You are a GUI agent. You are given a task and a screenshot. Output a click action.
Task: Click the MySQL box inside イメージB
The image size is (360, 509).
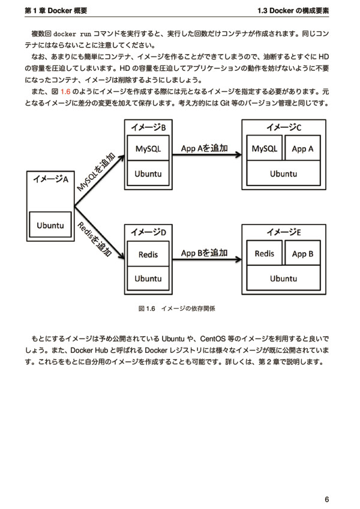pyautogui.click(x=148, y=148)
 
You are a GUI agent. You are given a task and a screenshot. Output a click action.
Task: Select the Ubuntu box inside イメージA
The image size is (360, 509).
pyautogui.click(x=50, y=224)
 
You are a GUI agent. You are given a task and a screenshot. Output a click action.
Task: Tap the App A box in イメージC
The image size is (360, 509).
pyautogui.click(x=302, y=148)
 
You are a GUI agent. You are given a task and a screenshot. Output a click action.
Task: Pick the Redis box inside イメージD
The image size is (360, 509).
pyautogui.click(x=148, y=253)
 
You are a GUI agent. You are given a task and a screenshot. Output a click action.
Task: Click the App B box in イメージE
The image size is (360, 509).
pyautogui.click(x=302, y=253)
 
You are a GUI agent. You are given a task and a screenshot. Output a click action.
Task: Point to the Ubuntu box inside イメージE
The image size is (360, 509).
pyautogui.click(x=283, y=278)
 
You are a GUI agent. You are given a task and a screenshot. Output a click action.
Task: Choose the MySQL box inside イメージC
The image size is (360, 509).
pyautogui.click(x=264, y=148)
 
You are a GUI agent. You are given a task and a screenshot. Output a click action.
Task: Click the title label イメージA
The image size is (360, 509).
pyautogui.click(x=50, y=179)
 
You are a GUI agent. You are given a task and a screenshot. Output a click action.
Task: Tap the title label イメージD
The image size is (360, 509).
pyautogui.click(x=148, y=232)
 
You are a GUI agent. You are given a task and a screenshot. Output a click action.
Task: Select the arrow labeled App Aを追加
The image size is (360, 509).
pyautogui.click(x=207, y=154)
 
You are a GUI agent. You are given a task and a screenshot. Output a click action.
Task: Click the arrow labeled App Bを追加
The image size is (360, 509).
pyautogui.click(x=207, y=259)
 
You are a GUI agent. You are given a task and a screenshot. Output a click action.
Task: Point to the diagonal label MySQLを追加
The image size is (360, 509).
pyautogui.click(x=96, y=172)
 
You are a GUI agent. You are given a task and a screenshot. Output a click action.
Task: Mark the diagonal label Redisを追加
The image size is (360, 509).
pyautogui.click(x=95, y=239)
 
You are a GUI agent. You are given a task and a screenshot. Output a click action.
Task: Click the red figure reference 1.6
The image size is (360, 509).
pyautogui.click(x=65, y=92)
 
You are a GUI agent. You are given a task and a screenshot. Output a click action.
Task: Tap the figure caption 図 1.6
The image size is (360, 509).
pyautogui.click(x=147, y=309)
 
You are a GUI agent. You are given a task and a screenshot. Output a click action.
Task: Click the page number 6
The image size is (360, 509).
pyautogui.click(x=326, y=499)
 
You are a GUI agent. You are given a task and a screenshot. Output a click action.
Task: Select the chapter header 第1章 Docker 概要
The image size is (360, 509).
pyautogui.click(x=56, y=10)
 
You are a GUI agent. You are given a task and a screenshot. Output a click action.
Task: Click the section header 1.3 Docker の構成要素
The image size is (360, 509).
pyautogui.click(x=293, y=10)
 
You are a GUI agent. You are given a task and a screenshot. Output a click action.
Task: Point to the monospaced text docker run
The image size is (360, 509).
pyautogui.click(x=72, y=34)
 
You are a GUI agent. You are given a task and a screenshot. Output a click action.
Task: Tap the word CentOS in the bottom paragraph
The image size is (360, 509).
pyautogui.click(x=212, y=339)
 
